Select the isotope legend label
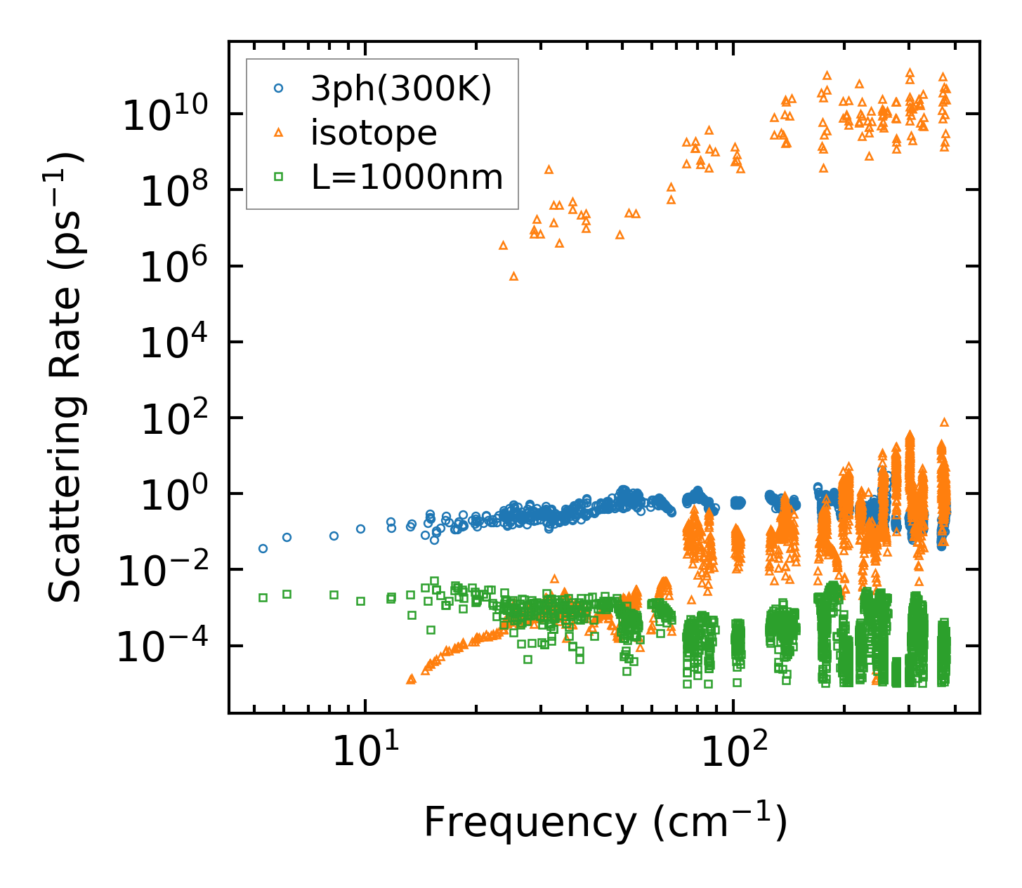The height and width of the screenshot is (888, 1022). coord(374,133)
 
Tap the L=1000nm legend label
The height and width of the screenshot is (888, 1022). coord(407,177)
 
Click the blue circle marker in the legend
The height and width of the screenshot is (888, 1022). coord(278,88)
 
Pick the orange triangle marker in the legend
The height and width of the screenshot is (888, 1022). coord(278,132)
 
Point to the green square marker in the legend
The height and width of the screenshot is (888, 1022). coord(278,177)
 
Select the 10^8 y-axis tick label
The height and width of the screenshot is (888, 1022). coord(171,191)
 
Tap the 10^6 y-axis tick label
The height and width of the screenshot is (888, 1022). coord(171,267)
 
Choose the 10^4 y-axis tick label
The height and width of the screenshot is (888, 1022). coord(171,343)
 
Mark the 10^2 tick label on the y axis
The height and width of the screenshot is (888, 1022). coord(171,418)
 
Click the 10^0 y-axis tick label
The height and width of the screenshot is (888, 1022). coord(171,494)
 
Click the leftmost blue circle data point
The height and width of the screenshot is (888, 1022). coord(263,548)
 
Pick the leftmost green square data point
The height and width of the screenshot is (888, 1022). coord(263,597)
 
